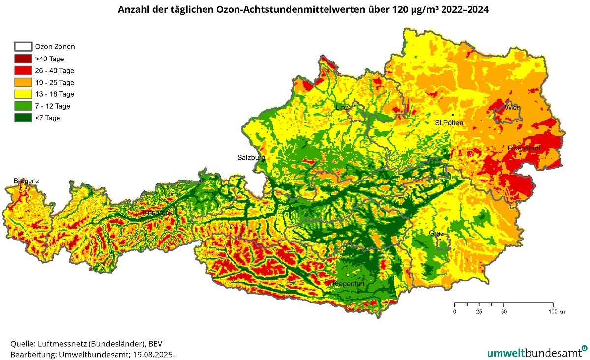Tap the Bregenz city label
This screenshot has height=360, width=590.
tap(27, 181)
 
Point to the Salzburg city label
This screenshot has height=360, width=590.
tap(251, 158)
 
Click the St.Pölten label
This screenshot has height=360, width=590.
tap(448, 123)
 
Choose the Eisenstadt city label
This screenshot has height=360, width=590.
tap(524, 148)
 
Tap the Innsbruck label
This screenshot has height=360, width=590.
tap(157, 213)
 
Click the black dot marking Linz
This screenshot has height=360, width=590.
tap(354, 105)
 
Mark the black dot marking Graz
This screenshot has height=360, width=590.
tap(440, 240)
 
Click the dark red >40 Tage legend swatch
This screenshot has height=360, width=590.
tap(23, 59)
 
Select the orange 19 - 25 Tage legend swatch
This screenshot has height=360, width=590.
tap(23, 82)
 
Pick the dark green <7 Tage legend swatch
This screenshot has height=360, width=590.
tap(23, 118)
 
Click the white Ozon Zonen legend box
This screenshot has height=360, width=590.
tap(23, 47)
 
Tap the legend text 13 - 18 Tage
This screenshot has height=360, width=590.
tap(55, 94)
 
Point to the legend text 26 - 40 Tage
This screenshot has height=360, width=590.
tap(55, 71)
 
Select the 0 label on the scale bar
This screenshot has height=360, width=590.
tap(455, 312)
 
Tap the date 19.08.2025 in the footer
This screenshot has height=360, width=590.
tap(154, 354)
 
